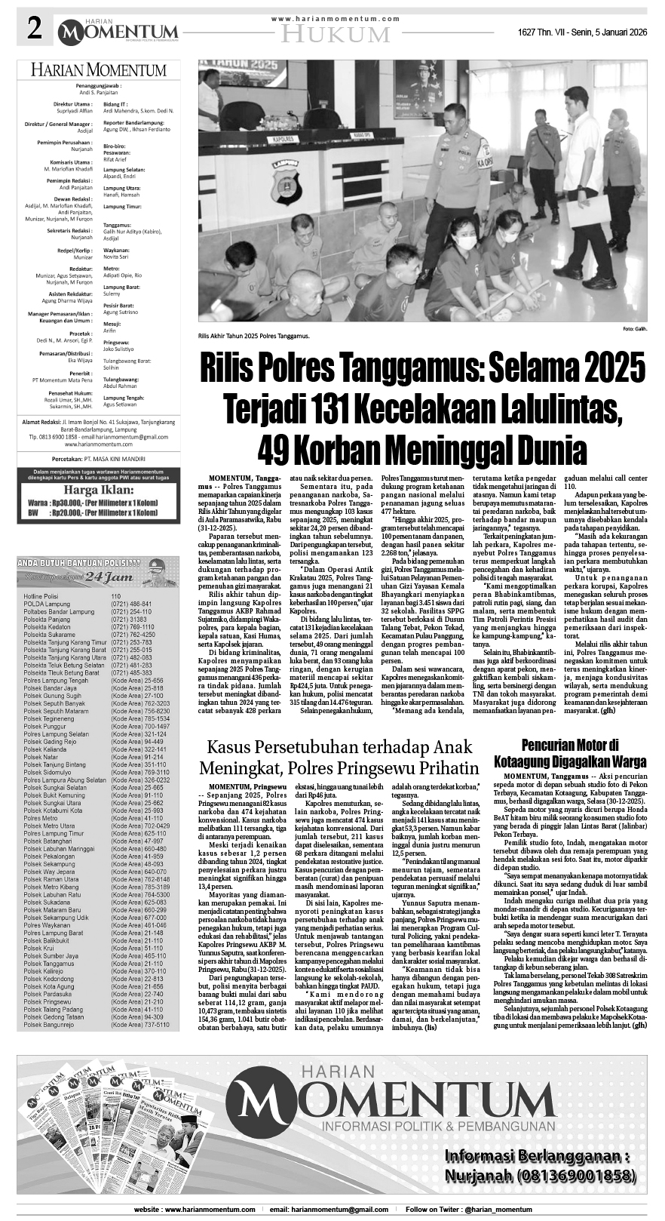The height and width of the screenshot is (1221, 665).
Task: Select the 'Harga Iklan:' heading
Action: pyautogui.click(x=97, y=488)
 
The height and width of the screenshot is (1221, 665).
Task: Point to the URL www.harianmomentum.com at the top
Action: pyautogui.click(x=335, y=18)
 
